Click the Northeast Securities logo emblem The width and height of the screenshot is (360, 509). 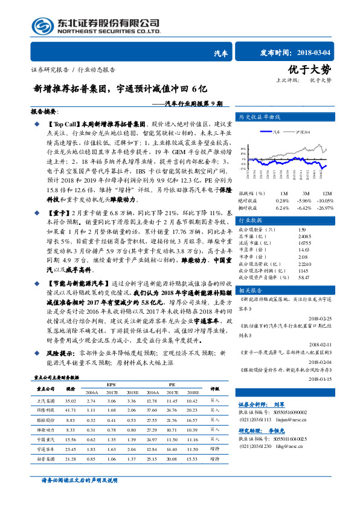(40, 26)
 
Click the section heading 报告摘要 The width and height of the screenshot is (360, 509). (43, 112)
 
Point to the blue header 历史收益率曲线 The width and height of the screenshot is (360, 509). (260, 117)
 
